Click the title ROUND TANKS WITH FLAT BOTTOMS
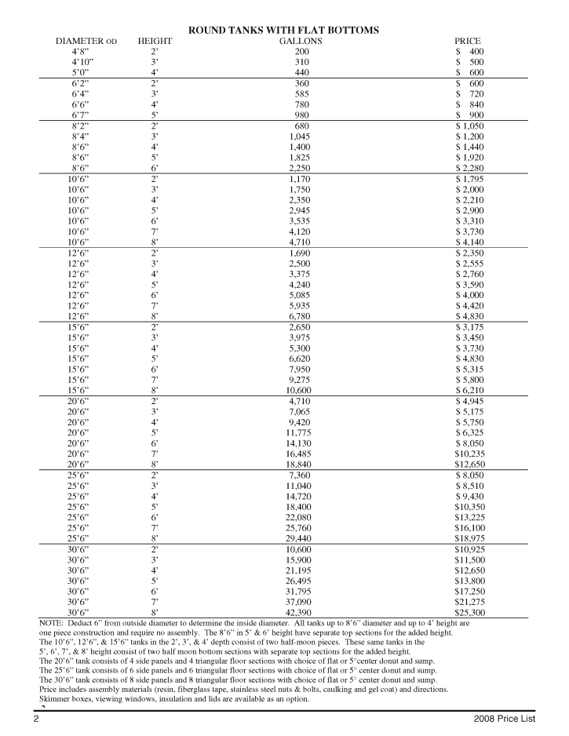click(284, 30)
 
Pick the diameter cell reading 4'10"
click(83, 61)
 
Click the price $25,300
click(468, 612)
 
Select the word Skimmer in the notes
click(55, 699)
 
